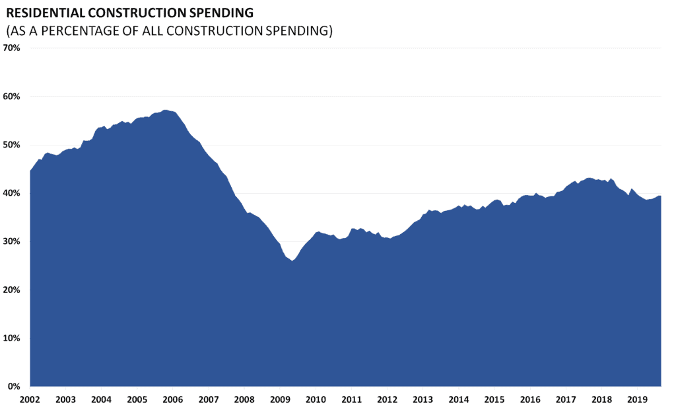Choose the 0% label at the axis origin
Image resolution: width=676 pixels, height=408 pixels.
(x=15, y=386)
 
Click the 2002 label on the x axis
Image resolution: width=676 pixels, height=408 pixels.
(x=30, y=399)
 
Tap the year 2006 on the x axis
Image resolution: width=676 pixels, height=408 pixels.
(x=172, y=399)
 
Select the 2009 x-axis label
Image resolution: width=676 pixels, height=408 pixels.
(x=280, y=399)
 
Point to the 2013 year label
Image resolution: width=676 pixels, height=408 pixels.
(x=422, y=399)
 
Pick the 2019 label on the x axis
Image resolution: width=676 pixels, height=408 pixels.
(x=637, y=399)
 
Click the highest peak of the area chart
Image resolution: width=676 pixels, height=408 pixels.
(x=164, y=110)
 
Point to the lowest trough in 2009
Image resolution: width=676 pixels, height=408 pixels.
(x=292, y=261)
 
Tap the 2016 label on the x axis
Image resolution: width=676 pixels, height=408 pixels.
(x=530, y=399)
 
